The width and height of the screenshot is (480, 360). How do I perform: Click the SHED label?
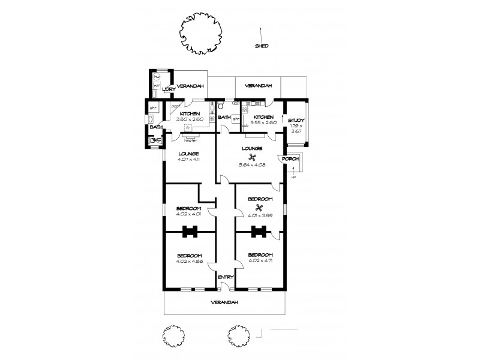pos(261,46)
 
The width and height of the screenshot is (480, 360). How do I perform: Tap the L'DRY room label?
pos(168,89)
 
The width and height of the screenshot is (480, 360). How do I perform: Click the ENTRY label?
pos(226,277)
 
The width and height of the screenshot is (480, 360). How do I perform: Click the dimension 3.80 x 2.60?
pos(190,119)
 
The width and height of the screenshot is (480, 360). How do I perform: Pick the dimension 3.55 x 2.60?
pos(263,122)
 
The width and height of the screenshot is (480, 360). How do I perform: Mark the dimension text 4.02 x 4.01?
pos(188,214)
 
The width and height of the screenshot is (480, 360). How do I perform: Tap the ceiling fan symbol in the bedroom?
pos(260,208)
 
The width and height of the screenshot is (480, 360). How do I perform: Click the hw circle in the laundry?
pos(157,77)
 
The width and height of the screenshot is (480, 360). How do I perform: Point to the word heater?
pos(191,140)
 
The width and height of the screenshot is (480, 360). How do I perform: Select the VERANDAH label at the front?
pos(224,302)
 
